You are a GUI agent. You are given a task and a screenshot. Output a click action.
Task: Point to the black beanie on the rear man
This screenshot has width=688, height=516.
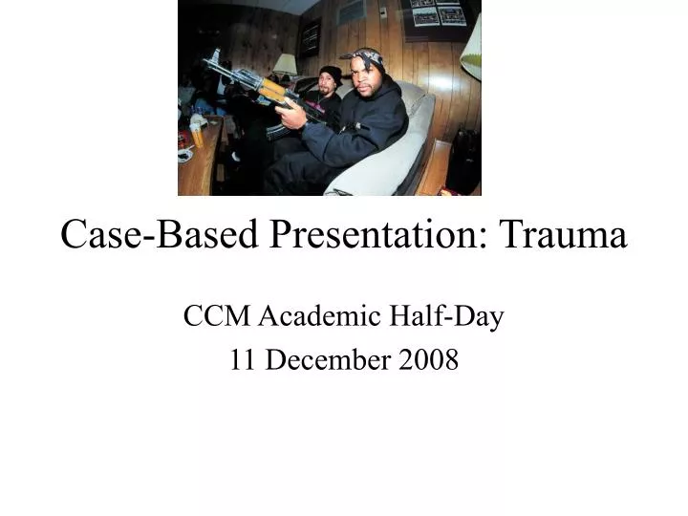point(331,73)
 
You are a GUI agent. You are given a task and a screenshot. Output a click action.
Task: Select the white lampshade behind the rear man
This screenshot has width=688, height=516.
point(285,64)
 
